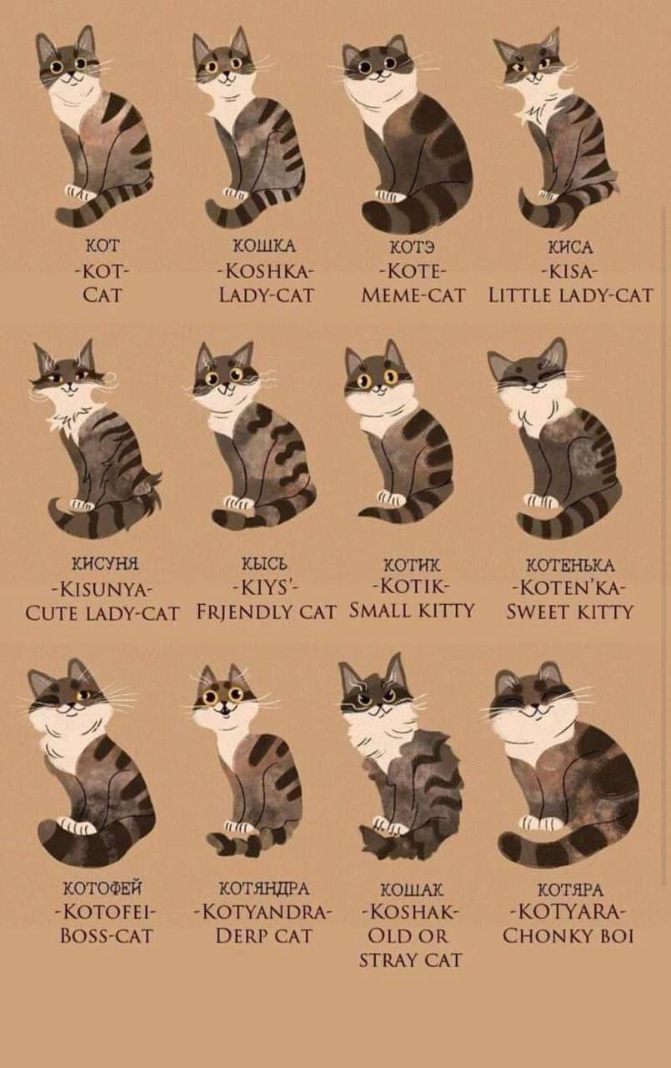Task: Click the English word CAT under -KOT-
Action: coord(102,295)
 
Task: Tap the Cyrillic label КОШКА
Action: coord(264,246)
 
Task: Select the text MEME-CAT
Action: coord(413,295)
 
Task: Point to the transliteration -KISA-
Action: coord(569,271)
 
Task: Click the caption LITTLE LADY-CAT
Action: coord(570,295)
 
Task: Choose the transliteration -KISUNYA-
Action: coord(102,590)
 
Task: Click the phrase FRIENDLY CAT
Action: coord(266,612)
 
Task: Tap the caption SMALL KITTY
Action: coord(412,610)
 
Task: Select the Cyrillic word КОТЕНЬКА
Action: coord(570,566)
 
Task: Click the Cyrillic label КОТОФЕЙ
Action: coord(103,889)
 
